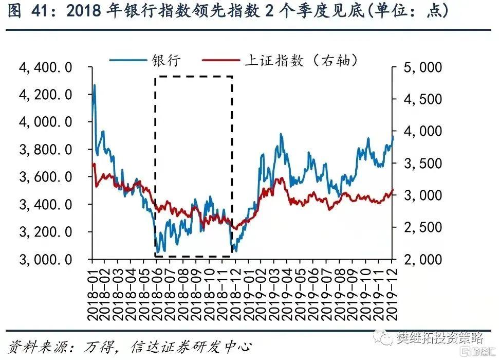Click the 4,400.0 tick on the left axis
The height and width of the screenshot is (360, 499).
click(x=46, y=67)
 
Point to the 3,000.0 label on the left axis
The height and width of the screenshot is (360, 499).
click(x=46, y=259)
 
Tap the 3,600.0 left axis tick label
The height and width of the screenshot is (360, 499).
click(x=46, y=177)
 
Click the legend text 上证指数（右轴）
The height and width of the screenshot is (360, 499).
click(x=301, y=60)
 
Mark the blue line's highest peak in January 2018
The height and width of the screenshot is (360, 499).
click(x=95, y=85)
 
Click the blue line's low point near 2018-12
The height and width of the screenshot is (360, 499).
click(x=235, y=250)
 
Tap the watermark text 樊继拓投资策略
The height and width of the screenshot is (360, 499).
click(x=439, y=338)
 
